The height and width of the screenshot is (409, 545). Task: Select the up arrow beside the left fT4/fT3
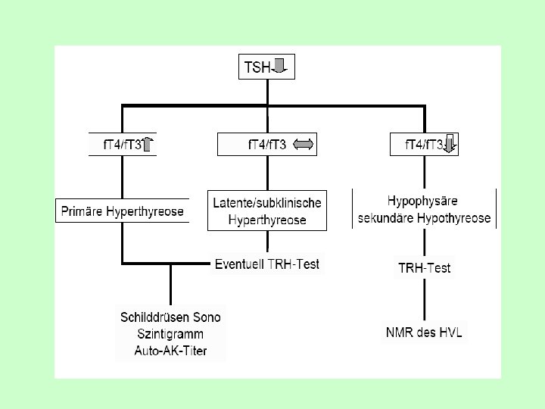click(x=148, y=144)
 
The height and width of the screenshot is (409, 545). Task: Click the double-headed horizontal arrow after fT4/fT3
click(x=303, y=144)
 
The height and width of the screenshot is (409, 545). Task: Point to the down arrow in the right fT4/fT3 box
click(x=449, y=144)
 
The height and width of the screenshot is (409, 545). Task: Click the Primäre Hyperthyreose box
click(x=122, y=211)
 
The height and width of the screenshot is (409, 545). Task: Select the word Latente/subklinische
click(x=267, y=203)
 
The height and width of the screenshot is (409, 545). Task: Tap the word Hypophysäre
click(x=424, y=201)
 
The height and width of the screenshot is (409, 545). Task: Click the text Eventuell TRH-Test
click(x=267, y=264)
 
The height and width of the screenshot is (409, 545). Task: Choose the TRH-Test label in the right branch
click(x=425, y=268)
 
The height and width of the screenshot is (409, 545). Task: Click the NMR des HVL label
click(x=425, y=332)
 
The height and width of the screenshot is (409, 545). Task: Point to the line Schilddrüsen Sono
click(x=170, y=317)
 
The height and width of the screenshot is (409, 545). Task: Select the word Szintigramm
click(x=170, y=334)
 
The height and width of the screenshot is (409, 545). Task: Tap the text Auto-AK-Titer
click(x=170, y=351)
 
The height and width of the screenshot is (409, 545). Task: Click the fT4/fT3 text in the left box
click(x=122, y=144)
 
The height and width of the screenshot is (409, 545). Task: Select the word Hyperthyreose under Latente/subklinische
click(x=267, y=220)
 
